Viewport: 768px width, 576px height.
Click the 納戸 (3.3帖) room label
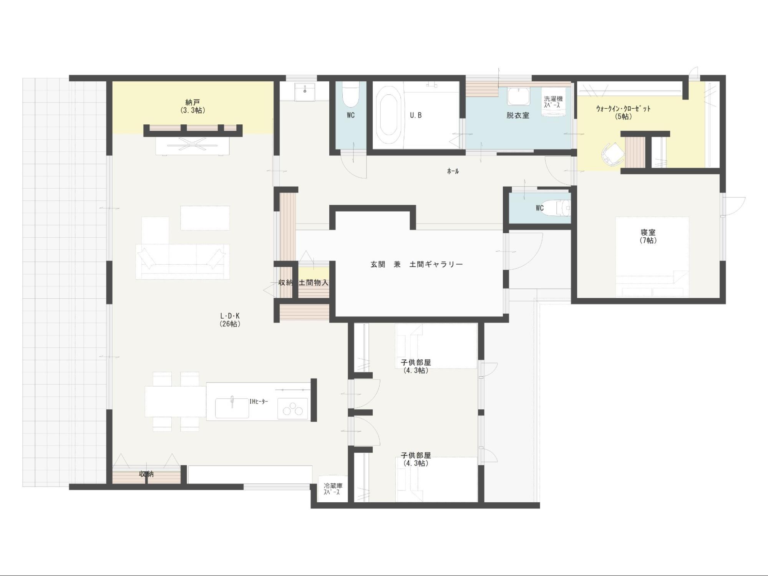(x=192, y=106)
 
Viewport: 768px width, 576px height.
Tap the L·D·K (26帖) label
(x=230, y=319)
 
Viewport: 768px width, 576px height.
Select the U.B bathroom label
(x=416, y=115)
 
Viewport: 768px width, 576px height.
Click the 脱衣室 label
(x=518, y=115)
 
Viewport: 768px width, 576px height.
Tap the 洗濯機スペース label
(x=553, y=102)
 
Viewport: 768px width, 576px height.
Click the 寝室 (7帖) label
(x=648, y=236)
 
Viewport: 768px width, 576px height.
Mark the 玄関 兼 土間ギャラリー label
(x=416, y=264)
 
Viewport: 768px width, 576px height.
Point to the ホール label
(x=453, y=171)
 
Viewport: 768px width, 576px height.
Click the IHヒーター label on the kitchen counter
(x=259, y=402)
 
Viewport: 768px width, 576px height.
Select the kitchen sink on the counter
(x=232, y=407)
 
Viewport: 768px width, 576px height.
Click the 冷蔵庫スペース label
(x=333, y=489)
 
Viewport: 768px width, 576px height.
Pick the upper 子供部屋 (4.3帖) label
(x=416, y=366)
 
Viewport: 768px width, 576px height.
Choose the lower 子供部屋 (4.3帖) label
(x=416, y=459)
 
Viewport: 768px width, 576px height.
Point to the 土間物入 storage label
(x=314, y=283)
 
